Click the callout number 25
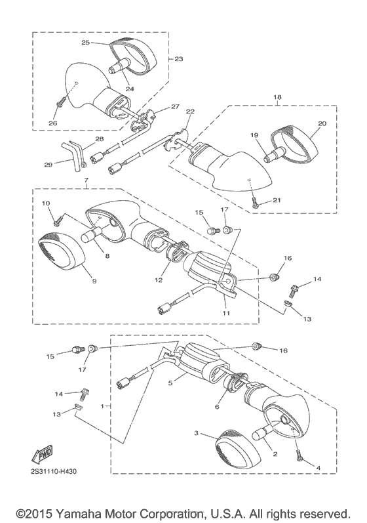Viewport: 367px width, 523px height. coord(86,43)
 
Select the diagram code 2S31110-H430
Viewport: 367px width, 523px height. coord(52,472)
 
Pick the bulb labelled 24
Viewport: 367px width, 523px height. coord(117,66)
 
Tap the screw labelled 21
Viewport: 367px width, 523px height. coord(255,202)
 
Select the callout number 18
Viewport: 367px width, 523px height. coord(277,97)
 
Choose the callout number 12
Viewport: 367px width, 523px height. coord(159,280)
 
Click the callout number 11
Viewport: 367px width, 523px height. coord(226,313)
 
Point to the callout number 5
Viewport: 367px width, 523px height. coord(170,383)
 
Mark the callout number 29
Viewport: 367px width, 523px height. coord(48,164)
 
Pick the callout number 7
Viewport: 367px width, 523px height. coord(86,180)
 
